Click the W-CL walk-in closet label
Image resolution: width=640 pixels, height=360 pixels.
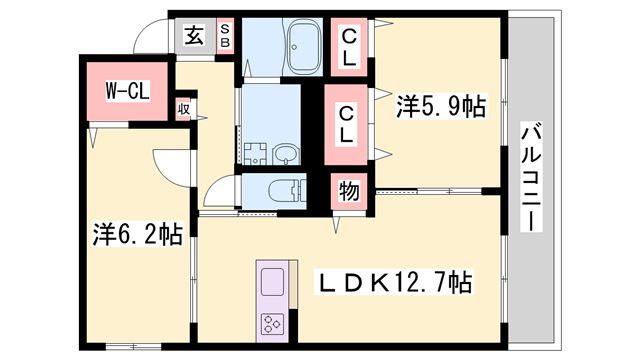click(x=128, y=91)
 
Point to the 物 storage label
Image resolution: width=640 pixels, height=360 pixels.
click(x=349, y=190)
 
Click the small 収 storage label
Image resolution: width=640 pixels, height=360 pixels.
click(x=185, y=107)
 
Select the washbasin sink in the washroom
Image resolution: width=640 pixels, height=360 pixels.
click(x=285, y=154)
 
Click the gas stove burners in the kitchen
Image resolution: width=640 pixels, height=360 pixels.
click(x=272, y=322)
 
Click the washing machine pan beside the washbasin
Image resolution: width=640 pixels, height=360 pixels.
click(x=253, y=153)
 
